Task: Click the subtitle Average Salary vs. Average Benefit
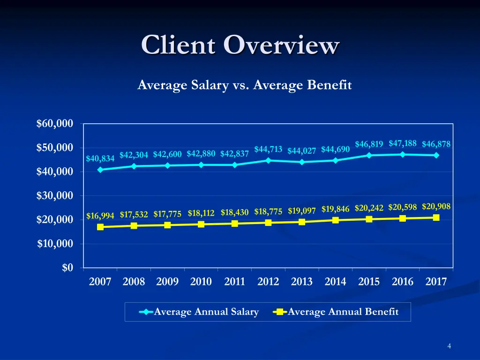click(244, 85)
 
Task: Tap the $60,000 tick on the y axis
click(55, 124)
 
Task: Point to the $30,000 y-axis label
click(55, 195)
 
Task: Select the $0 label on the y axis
click(67, 268)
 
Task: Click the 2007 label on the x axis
click(100, 282)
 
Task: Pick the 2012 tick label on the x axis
click(268, 282)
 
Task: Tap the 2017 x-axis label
click(436, 282)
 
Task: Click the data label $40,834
click(100, 158)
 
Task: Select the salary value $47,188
click(403, 143)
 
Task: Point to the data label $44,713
click(268, 149)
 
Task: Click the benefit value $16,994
click(100, 216)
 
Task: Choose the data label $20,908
click(436, 206)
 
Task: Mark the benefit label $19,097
click(302, 210)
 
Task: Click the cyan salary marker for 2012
click(268, 160)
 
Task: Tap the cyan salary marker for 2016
click(403, 154)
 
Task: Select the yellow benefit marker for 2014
click(336, 220)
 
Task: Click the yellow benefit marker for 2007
click(100, 227)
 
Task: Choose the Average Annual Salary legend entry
click(201, 312)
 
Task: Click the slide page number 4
click(449, 346)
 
